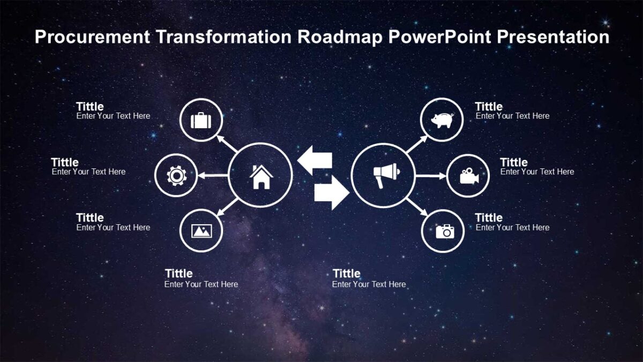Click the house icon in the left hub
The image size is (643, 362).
point(261,176)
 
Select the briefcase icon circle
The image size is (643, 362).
point(200,120)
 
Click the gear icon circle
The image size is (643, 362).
point(176,175)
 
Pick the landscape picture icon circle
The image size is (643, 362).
point(201,231)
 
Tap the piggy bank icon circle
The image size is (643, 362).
point(442,120)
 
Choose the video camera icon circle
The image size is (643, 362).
point(468,175)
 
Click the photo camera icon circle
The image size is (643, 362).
point(443,231)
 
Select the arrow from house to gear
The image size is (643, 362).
point(212,175)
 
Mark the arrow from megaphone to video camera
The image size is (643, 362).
point(430,175)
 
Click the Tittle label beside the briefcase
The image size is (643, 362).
point(90,106)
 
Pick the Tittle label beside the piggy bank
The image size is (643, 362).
point(489,106)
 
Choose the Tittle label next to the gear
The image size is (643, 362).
point(65,162)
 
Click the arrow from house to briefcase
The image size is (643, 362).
point(227,144)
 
